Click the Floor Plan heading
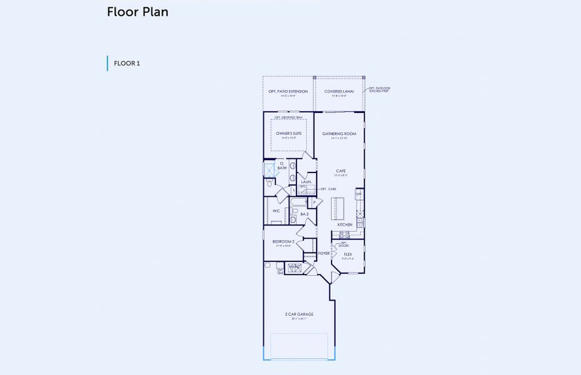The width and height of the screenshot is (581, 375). point(137,12)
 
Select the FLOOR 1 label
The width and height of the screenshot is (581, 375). point(126,63)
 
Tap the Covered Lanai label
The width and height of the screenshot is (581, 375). point(339,92)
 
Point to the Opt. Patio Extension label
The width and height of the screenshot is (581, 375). point(288,92)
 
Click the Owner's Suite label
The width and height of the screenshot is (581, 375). point(288,134)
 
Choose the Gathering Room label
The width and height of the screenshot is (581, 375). point(339,134)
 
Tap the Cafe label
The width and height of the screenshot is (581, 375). point(341,171)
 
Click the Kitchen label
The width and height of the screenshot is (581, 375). point(345,224)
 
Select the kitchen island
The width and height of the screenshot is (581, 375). point(338,207)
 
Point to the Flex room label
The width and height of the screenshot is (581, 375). point(348,254)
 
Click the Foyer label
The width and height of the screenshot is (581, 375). point(323,253)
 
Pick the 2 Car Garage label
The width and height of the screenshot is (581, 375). point(298,314)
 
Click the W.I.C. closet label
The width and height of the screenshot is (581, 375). point(276,211)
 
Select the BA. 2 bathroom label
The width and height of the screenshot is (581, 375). point(305,214)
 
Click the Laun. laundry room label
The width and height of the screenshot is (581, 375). point(306,182)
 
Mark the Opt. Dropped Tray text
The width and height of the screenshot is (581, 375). point(288,117)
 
